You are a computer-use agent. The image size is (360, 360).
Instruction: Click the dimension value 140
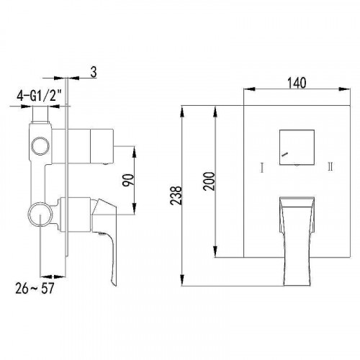click(297, 83)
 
